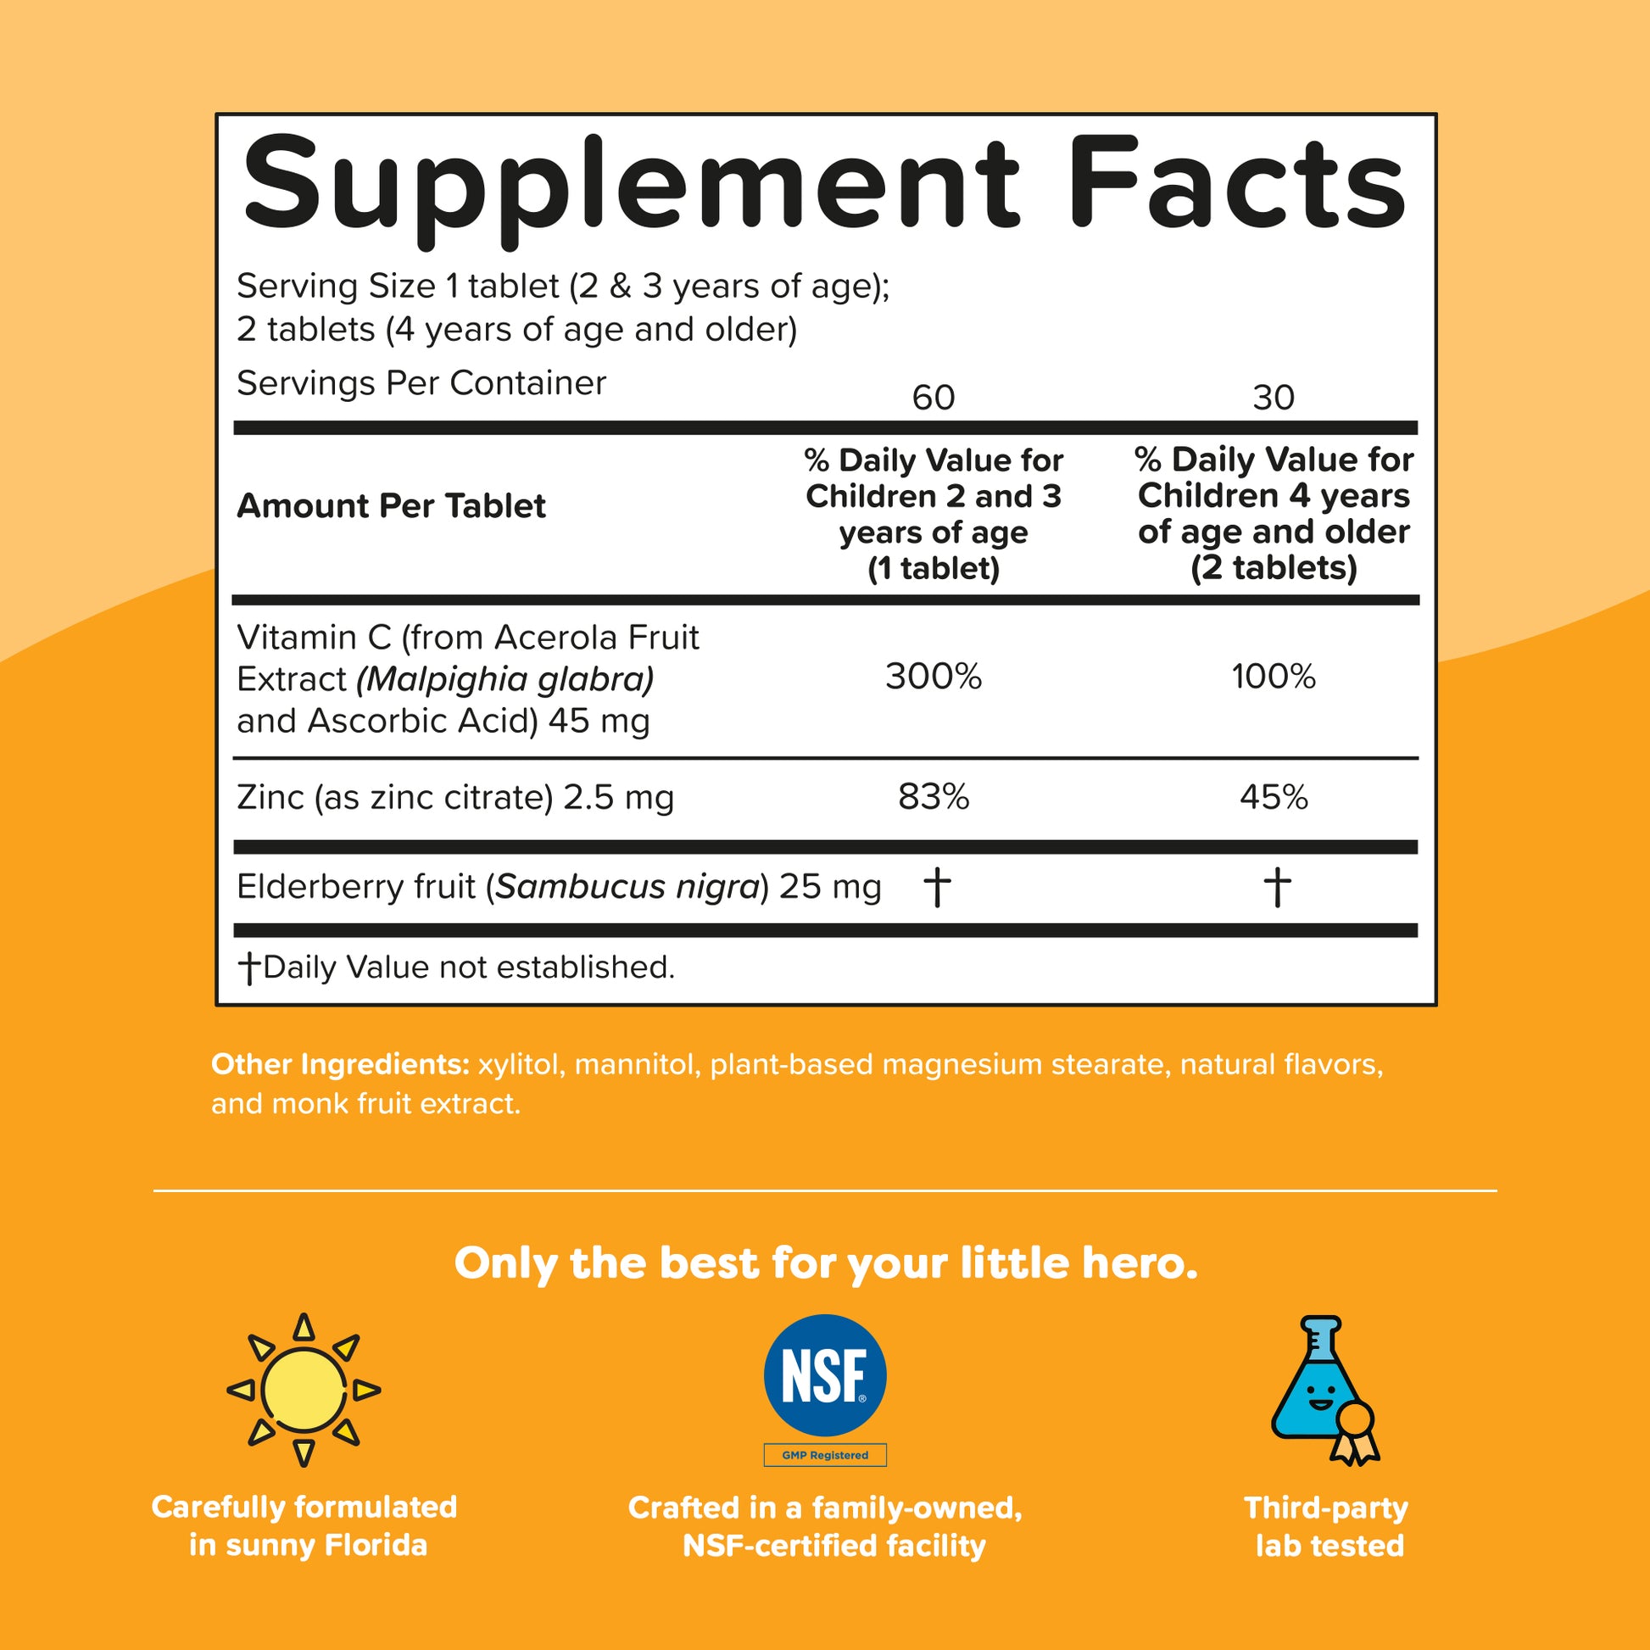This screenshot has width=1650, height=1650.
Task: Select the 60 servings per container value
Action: click(x=934, y=398)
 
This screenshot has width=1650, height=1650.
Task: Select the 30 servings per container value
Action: click(x=1274, y=398)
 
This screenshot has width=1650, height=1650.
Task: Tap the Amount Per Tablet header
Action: click(x=391, y=506)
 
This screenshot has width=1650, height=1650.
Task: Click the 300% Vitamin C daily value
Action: click(x=934, y=677)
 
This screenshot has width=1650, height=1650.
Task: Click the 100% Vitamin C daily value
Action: click(x=1274, y=677)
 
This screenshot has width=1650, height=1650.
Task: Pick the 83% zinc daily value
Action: click(x=934, y=797)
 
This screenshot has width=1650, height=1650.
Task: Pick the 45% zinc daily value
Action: click(x=1274, y=797)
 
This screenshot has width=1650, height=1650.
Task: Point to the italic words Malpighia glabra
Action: click(x=505, y=680)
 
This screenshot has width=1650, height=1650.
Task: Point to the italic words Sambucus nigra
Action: click(x=627, y=887)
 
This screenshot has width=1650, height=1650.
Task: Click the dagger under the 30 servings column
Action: click(x=1277, y=887)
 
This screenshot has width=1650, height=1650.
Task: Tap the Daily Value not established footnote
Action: click(x=457, y=967)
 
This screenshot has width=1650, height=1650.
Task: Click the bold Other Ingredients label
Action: click(x=340, y=1064)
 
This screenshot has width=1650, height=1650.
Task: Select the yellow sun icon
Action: click(x=304, y=1391)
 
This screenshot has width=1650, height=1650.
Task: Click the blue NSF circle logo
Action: click(x=824, y=1376)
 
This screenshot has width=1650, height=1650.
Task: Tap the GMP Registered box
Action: click(x=825, y=1455)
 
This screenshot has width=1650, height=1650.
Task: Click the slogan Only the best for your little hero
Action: click(x=825, y=1263)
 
